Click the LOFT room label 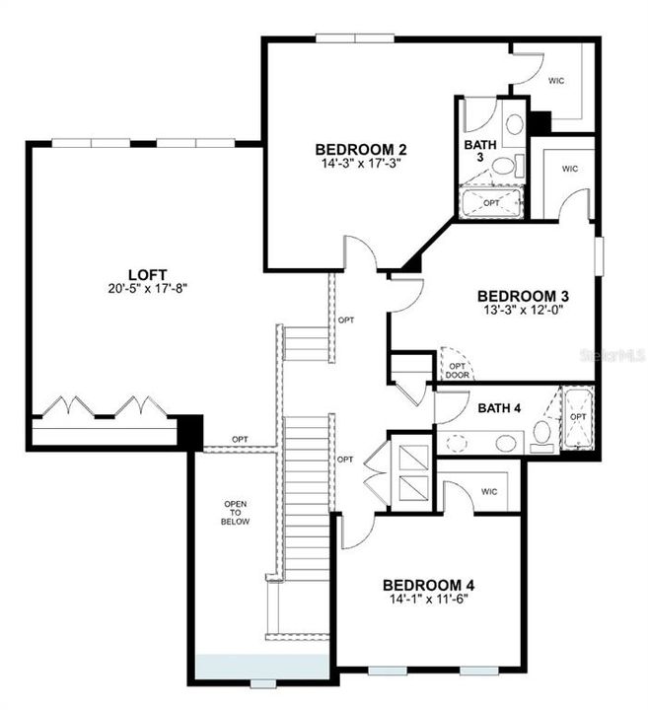[x=147, y=274]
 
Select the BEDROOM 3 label [x=523, y=296]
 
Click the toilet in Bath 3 [x=504, y=166]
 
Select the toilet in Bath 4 [x=541, y=433]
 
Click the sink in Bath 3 [x=514, y=125]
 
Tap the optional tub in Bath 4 [x=578, y=419]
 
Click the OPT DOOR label [x=457, y=368]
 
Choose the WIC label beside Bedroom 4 [x=490, y=491]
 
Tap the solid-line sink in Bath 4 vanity [x=506, y=443]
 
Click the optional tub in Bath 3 [x=491, y=203]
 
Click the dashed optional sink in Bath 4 [x=457, y=443]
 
